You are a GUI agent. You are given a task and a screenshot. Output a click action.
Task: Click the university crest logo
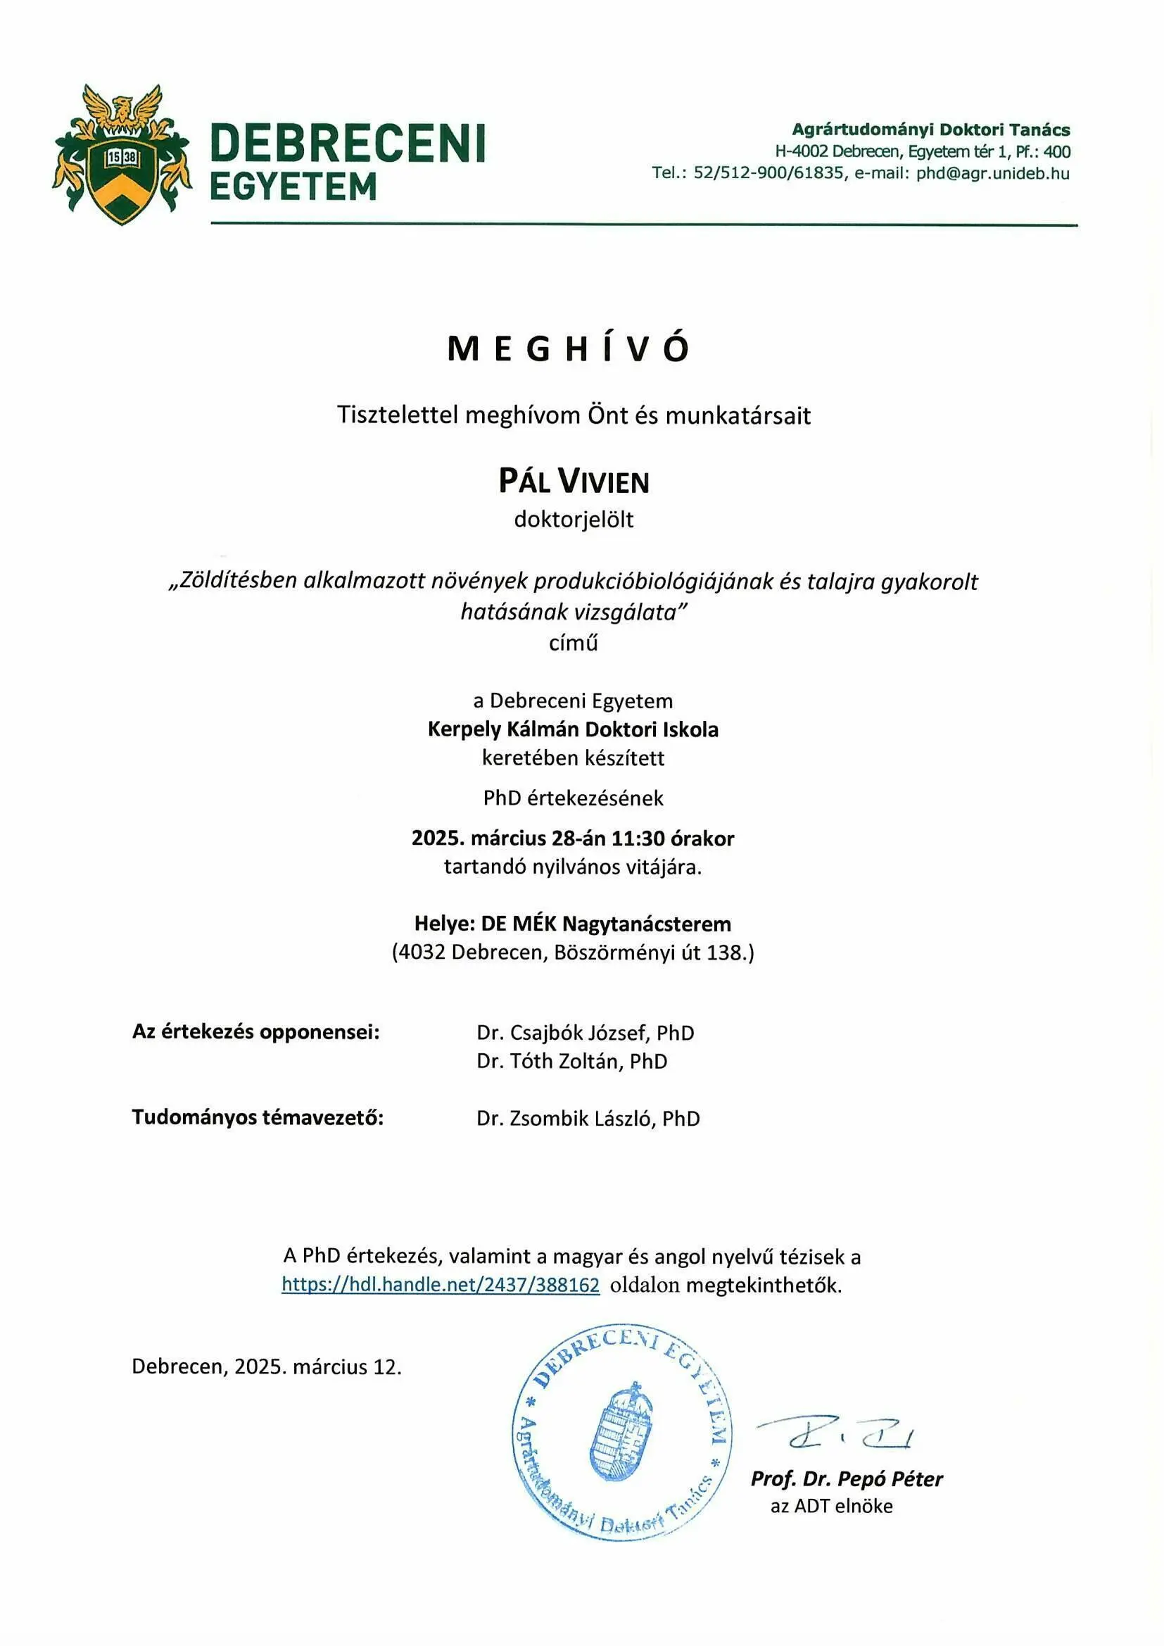pyautogui.click(x=122, y=154)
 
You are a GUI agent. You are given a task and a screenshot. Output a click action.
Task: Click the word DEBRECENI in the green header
pyautogui.click(x=348, y=143)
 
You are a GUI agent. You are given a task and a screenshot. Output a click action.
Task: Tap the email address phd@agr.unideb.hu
pyautogui.click(x=992, y=173)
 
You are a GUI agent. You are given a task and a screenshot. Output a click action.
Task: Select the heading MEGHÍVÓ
pyautogui.click(x=569, y=349)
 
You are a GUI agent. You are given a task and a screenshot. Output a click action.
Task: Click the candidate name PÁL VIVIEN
pyautogui.click(x=574, y=482)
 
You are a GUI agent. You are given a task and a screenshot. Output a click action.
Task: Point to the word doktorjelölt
pyautogui.click(x=574, y=520)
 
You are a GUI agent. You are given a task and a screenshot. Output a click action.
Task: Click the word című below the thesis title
pyautogui.click(x=573, y=643)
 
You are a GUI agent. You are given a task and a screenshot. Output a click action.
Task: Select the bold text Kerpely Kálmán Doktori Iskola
pyautogui.click(x=573, y=730)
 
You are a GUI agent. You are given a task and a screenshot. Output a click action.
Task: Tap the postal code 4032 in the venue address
pyautogui.click(x=422, y=953)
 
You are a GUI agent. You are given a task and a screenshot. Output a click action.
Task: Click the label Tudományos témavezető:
pyautogui.click(x=258, y=1118)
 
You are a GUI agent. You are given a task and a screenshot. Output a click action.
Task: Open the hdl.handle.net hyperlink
pyautogui.click(x=440, y=1285)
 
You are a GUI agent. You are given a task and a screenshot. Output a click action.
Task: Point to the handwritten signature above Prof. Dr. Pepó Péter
pyautogui.click(x=835, y=1433)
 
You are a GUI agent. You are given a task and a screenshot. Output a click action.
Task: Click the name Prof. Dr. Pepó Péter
pyautogui.click(x=846, y=1478)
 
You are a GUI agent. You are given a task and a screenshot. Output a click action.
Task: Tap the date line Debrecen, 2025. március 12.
pyautogui.click(x=267, y=1367)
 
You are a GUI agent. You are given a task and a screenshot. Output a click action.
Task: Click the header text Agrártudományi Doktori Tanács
pyautogui.click(x=930, y=130)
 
